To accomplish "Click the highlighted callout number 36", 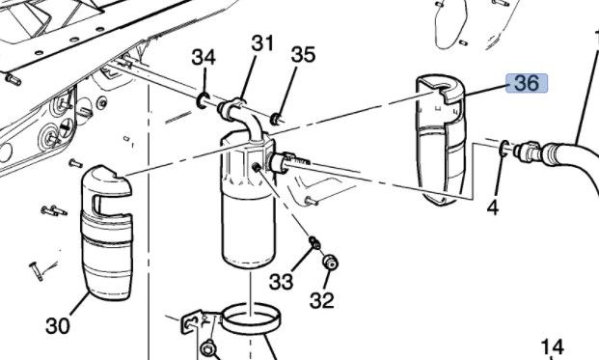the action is coord(527,83).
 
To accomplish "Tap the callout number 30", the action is coord(58,326).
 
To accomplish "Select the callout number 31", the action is coord(262,43).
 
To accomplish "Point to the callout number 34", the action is coord(204,57).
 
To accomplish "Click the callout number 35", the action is coord(303,55).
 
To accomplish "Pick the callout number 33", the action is coord(281,282).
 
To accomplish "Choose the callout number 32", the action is coord(321,300).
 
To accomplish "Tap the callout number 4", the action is coord(493,208).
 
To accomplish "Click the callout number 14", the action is coord(553,347).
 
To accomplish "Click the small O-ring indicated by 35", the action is coord(275,120).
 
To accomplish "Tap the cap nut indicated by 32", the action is coord(331,263).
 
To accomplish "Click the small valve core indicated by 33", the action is coord(314,242).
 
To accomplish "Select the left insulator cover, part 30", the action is coord(106,233).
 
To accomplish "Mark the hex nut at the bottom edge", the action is coord(208,350).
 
